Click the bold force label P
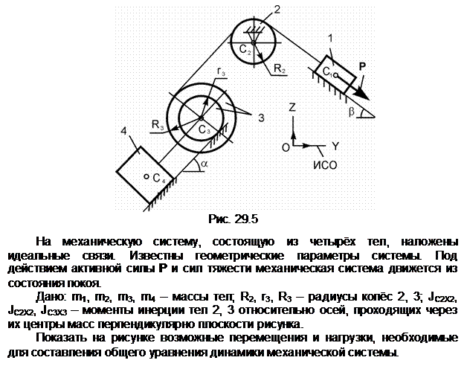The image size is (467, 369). point(362,66)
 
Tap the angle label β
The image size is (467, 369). point(352,112)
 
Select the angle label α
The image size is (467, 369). point(204,164)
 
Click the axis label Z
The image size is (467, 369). point(292,107)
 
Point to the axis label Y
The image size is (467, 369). point(335,147)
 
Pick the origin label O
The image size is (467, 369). point(286,147)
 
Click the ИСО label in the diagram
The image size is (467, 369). point(325,165)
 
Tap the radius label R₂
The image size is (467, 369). point(280,69)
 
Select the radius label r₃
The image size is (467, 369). point(221,71)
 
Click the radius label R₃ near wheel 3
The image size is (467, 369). point(158,124)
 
